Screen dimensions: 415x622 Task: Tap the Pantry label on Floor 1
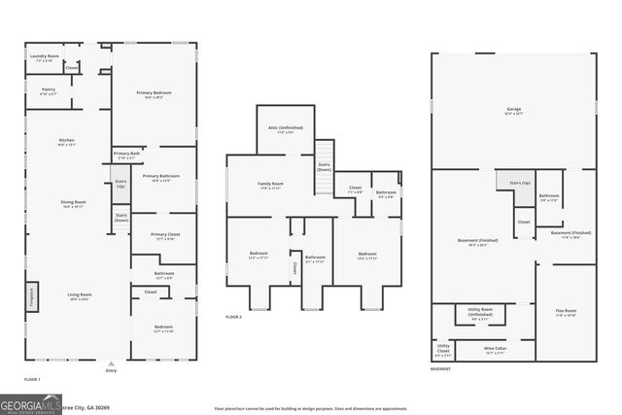[x=49, y=90]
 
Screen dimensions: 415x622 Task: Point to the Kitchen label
[x=67, y=142]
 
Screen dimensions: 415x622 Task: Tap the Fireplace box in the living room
[x=30, y=294]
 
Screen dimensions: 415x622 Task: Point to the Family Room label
[x=271, y=185]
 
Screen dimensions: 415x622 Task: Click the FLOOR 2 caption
[x=233, y=317]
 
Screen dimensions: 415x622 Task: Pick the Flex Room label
[x=566, y=313]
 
